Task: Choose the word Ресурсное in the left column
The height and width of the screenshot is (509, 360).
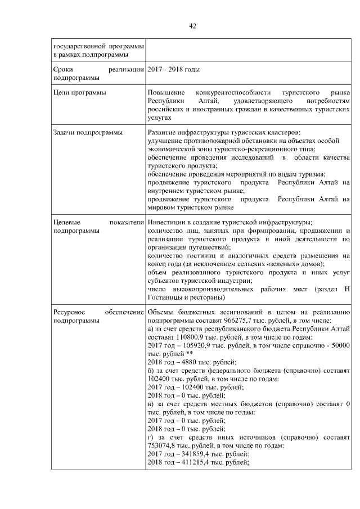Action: pos(69,312)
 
